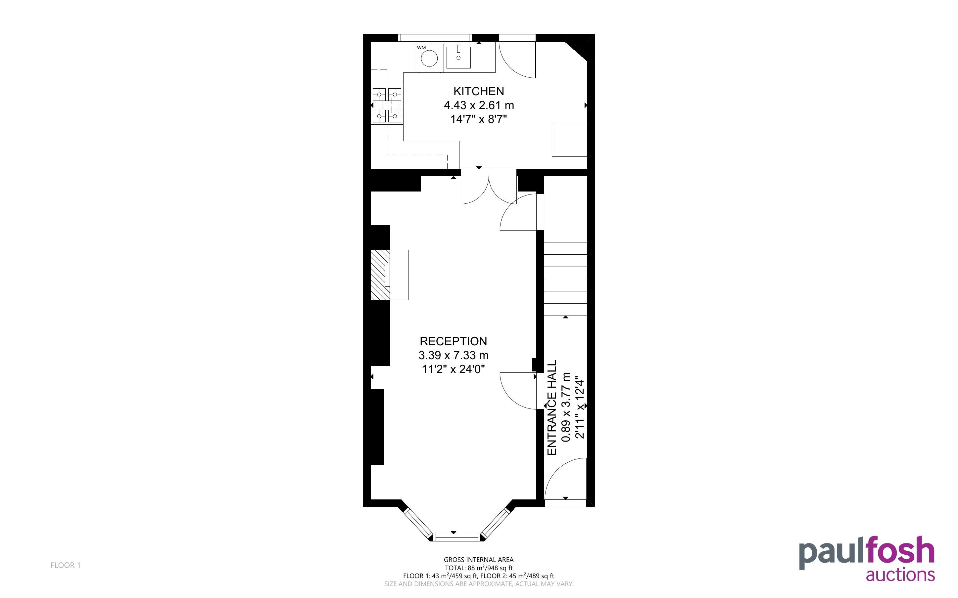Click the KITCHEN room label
click(478, 91)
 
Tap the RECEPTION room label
click(453, 341)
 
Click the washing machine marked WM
click(429, 58)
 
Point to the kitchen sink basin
click(458, 57)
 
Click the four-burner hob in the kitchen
click(387, 105)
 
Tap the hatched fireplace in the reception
click(380, 275)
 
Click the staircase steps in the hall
click(565, 279)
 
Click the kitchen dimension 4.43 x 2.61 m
click(479, 105)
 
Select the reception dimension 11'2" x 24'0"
click(454, 369)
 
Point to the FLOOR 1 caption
click(66, 565)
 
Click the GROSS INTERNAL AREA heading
click(478, 560)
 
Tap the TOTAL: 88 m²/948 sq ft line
click(478, 568)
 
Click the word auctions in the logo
click(900, 575)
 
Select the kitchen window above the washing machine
click(435, 38)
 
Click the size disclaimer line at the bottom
click(479, 584)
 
